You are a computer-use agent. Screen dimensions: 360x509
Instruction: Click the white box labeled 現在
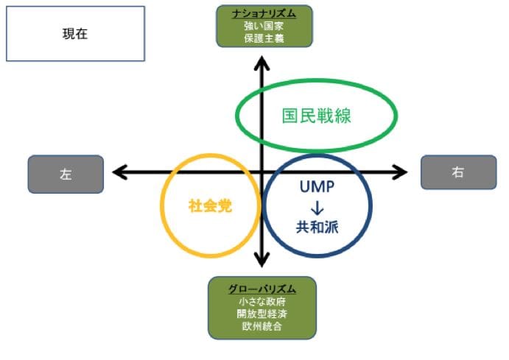[x=75, y=34]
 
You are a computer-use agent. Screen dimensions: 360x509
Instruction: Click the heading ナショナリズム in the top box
[x=264, y=13]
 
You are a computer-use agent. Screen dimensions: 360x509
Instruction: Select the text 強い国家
[x=264, y=26]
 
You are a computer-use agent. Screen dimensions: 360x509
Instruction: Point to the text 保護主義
[x=264, y=38]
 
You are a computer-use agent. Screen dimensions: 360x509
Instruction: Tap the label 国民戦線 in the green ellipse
[x=316, y=116]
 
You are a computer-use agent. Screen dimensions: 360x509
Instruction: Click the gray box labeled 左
[x=66, y=174]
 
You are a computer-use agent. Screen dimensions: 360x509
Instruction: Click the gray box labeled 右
[x=457, y=172]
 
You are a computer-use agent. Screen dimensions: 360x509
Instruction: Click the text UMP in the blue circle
[x=317, y=187]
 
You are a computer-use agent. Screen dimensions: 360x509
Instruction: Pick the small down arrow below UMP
[x=317, y=207]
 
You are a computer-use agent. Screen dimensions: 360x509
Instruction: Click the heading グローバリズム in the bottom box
[x=262, y=288]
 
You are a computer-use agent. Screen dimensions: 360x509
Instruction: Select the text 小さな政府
[x=262, y=300]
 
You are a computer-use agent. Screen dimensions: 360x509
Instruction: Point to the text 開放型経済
[x=262, y=313]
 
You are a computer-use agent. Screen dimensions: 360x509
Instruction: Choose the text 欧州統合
[x=262, y=325]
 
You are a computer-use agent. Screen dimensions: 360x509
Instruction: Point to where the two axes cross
[x=261, y=172]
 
